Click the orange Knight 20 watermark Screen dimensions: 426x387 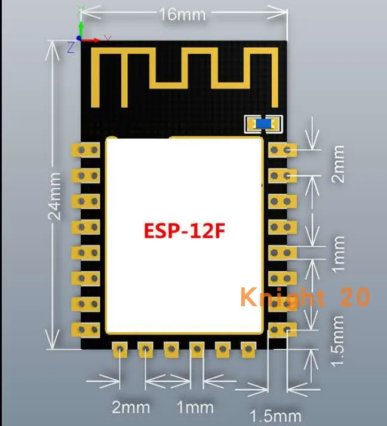(305, 297)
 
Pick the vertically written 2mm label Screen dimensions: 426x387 (339, 163)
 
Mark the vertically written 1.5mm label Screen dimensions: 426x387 (339, 341)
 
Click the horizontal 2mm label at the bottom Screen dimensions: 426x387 (131, 407)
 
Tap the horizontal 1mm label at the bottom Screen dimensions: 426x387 (195, 407)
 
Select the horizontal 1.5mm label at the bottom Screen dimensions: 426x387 (275, 415)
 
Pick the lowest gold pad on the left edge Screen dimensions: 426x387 (85, 329)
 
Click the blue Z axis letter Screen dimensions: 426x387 (70, 47)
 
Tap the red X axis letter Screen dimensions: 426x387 (107, 39)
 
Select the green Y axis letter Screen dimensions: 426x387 (82, 8)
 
